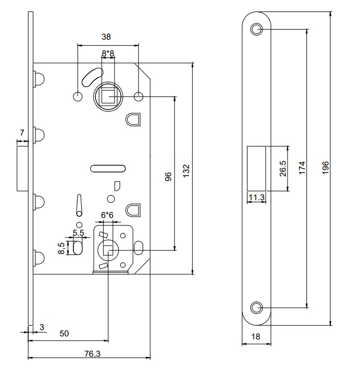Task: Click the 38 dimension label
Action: (106, 37)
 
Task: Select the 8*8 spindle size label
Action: (108, 53)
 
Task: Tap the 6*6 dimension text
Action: (107, 215)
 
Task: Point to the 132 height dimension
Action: (187, 171)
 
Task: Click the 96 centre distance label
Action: (169, 177)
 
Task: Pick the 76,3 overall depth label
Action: (92, 354)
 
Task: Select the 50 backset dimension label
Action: (64, 334)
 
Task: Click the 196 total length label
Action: (325, 168)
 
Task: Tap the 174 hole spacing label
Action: (302, 168)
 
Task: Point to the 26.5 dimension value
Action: (283, 168)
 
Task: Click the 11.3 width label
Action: (256, 198)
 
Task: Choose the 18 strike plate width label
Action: (255, 337)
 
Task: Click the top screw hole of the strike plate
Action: (256, 29)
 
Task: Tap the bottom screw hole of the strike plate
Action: (256, 308)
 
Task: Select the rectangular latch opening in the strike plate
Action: (256, 168)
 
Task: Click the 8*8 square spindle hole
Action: (108, 96)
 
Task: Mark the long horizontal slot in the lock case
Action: (108, 168)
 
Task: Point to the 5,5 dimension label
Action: (78, 233)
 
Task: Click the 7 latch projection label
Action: (22, 133)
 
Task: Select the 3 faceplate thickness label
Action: (42, 327)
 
